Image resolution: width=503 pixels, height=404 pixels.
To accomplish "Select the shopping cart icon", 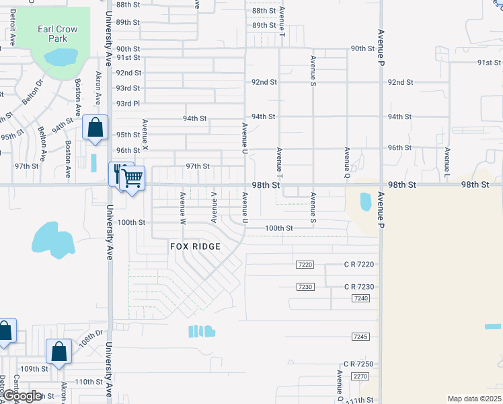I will (132, 178).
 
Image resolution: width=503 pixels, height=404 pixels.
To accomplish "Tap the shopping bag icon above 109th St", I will (59, 351).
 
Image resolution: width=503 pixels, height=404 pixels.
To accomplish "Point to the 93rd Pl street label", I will (128, 104).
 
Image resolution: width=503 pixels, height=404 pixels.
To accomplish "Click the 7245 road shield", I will (360, 336).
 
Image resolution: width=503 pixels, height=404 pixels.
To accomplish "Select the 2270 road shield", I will (360, 376).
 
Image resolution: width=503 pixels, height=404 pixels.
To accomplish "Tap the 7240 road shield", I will (360, 298).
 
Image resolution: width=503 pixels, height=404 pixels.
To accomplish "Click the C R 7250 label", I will (358, 364).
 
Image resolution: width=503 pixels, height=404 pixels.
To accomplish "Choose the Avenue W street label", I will (182, 207).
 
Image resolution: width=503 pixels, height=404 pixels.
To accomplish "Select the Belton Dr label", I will (31, 92).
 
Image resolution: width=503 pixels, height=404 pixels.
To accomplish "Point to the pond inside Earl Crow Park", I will (59, 58).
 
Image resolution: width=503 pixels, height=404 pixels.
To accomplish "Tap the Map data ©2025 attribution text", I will (474, 399).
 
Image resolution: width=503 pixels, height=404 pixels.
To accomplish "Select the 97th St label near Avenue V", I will (198, 166).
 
